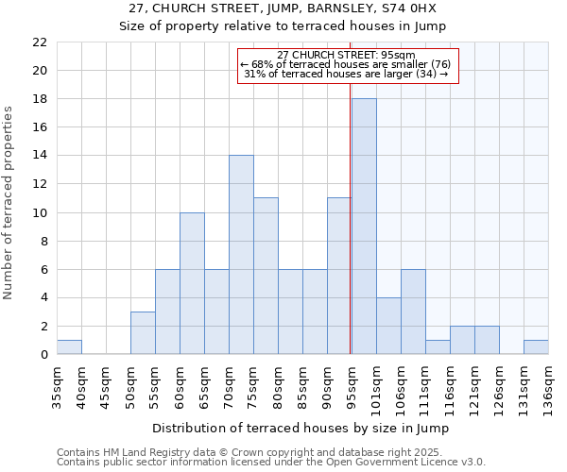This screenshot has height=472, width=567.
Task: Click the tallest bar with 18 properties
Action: coord(364,227)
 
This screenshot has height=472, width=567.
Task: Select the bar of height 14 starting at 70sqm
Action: coord(241,255)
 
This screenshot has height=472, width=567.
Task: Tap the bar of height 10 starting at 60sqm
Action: coord(192,283)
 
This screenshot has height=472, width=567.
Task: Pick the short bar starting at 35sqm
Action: coord(69,347)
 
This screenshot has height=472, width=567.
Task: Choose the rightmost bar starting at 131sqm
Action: coord(536,347)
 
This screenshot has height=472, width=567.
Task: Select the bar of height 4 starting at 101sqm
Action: coord(388,326)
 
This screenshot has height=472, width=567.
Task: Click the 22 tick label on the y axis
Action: coord(39,42)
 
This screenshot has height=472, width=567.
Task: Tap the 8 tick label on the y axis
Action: coord(43,241)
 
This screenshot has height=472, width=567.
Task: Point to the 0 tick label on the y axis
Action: coord(43,355)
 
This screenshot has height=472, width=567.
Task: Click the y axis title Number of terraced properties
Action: coord(9,202)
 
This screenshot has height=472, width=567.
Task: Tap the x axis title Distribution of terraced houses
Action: coord(300,428)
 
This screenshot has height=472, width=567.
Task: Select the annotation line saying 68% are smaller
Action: coord(347,63)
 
